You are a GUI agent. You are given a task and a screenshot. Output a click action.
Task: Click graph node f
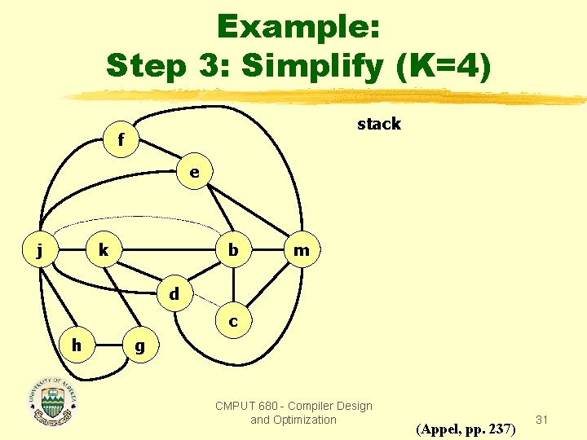click(x=121, y=140)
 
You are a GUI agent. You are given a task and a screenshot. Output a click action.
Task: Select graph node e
click(x=194, y=173)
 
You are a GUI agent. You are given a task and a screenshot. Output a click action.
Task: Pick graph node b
click(x=234, y=250)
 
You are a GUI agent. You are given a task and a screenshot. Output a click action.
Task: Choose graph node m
click(x=302, y=250)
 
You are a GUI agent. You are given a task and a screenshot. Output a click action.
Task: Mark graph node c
click(x=234, y=321)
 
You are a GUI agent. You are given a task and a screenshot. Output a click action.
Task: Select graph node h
click(x=76, y=345)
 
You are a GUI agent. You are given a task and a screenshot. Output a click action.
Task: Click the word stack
click(x=379, y=124)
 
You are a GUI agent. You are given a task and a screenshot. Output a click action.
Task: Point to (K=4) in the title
click(x=444, y=65)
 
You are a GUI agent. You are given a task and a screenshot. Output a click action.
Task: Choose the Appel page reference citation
click(x=466, y=428)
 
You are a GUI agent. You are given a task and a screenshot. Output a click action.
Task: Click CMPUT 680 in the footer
click(x=245, y=406)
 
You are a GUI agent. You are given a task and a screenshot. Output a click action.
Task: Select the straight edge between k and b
click(x=168, y=250)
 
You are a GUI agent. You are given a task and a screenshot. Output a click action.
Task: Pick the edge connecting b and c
click(x=234, y=285)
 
